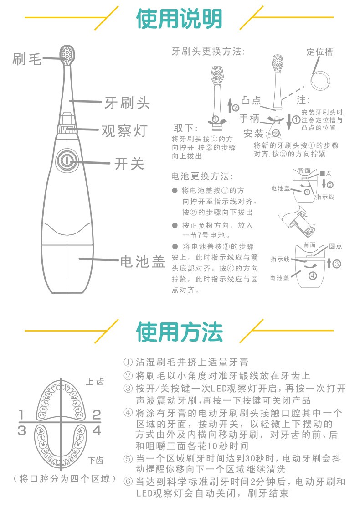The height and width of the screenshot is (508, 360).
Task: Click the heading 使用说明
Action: (x=179, y=18)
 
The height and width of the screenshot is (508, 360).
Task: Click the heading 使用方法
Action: (x=180, y=332)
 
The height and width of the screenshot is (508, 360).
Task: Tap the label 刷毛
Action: (x=27, y=59)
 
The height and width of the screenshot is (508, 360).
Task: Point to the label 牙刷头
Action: (x=127, y=103)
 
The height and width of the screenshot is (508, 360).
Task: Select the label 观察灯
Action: (x=125, y=130)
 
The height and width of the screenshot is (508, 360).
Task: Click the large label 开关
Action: (x=129, y=164)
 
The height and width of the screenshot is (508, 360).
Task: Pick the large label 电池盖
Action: (x=143, y=261)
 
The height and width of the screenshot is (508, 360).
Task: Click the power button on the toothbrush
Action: (x=67, y=161)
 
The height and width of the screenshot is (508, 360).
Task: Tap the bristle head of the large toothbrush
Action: (x=67, y=54)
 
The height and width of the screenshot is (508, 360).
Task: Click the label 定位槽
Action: (x=319, y=52)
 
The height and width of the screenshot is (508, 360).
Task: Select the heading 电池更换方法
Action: (x=202, y=176)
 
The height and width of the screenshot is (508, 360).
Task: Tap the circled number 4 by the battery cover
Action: (x=313, y=276)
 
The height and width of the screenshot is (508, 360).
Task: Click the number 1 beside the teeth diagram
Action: (x=21, y=415)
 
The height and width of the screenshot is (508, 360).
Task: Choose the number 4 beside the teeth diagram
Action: (x=97, y=430)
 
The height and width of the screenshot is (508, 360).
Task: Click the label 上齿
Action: (x=95, y=381)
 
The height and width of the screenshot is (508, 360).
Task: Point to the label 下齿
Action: (x=96, y=460)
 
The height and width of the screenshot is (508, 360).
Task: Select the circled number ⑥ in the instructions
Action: (x=128, y=482)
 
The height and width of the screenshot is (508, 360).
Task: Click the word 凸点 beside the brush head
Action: (x=251, y=101)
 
